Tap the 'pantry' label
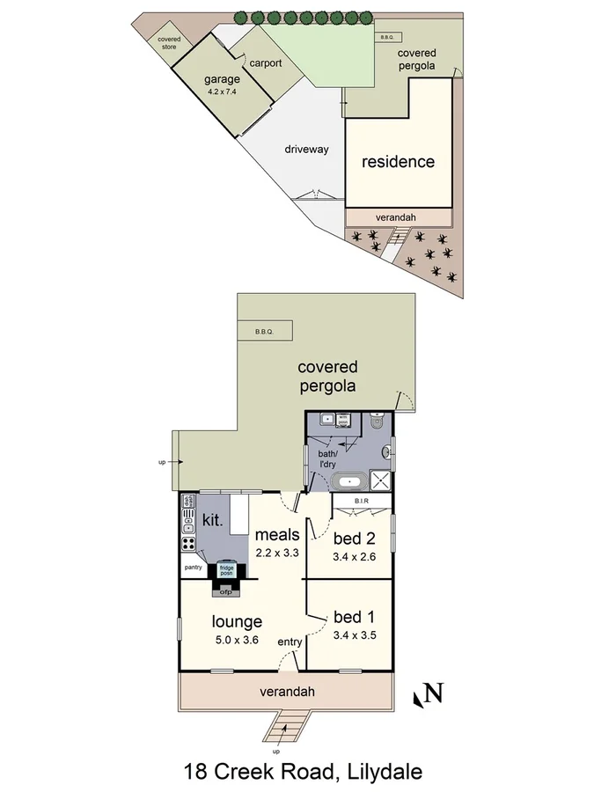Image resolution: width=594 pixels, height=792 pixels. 194,568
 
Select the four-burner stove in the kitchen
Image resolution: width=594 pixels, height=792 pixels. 188,543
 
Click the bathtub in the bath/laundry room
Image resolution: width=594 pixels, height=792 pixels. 350,482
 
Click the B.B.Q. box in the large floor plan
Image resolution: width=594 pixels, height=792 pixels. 266,332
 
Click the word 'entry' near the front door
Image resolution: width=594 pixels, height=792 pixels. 290,642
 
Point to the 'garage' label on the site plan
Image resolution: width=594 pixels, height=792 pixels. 222,80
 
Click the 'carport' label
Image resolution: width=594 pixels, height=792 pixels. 265,63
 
